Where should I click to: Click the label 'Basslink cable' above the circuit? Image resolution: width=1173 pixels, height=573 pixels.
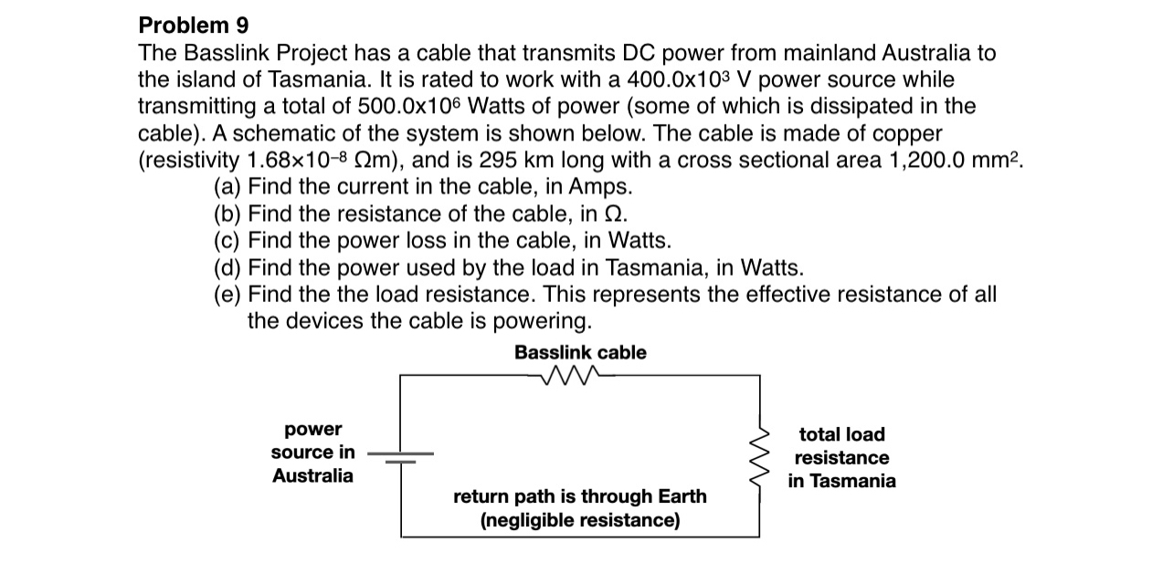[x=580, y=352]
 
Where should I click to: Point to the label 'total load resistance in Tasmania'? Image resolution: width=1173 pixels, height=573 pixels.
[x=841, y=457]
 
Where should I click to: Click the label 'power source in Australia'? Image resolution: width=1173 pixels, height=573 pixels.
[x=312, y=453]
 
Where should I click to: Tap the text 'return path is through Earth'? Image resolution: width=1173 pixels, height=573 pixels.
[x=580, y=496]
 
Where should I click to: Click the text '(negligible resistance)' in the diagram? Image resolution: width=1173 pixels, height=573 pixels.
[x=580, y=520]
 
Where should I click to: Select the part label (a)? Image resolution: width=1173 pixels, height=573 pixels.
[x=227, y=188]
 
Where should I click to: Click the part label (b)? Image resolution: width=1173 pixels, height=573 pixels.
[x=227, y=214]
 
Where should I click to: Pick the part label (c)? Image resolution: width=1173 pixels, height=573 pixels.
[x=227, y=241]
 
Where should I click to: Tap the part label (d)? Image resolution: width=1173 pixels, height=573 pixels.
[x=227, y=268]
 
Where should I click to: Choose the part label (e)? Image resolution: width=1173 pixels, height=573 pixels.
[x=227, y=295]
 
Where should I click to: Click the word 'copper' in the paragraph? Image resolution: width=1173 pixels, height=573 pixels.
[x=905, y=134]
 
